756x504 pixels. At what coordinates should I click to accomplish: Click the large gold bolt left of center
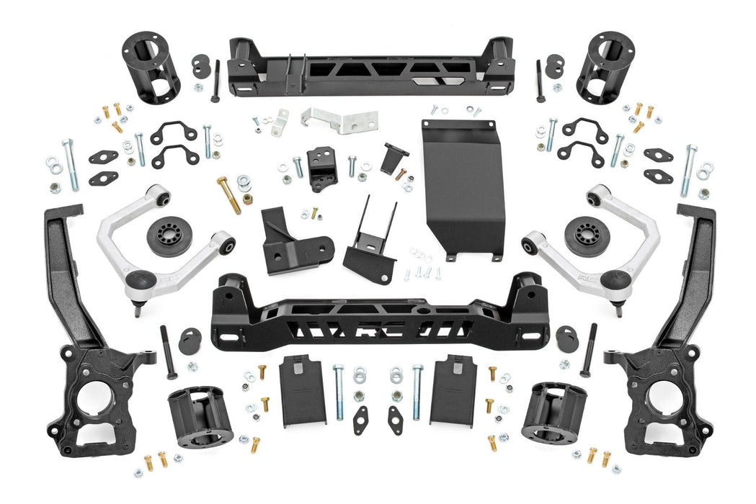(229, 194)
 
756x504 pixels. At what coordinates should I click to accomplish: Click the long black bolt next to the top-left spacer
(215, 80)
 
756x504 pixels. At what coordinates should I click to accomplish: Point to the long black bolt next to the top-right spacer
(540, 80)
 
